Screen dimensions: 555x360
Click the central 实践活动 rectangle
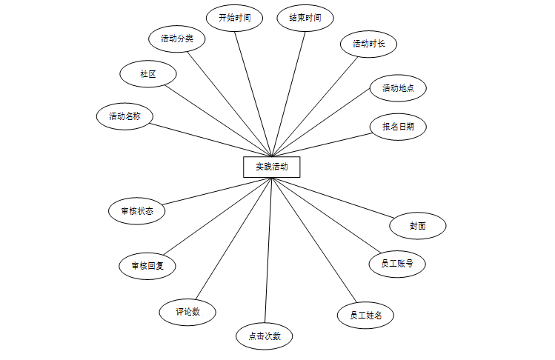tap(271, 167)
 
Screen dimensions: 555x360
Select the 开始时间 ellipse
tap(234, 19)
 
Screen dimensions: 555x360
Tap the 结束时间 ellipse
tap(305, 19)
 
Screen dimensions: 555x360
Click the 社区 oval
tap(148, 74)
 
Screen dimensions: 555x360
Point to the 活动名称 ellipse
tap(124, 116)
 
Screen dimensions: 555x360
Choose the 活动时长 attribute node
tap(368, 44)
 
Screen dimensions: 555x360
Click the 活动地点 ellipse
tap(399, 89)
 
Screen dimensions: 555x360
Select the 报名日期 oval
tap(399, 127)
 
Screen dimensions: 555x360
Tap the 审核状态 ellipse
tap(136, 210)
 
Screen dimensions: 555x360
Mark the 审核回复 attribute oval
tap(147, 264)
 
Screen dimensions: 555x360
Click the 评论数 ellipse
tap(187, 312)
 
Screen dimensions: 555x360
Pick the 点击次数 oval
tap(265, 336)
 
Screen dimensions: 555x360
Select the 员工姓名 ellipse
tap(365, 315)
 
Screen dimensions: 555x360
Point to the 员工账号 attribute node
tap(397, 263)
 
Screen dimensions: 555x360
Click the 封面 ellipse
tap(418, 226)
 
